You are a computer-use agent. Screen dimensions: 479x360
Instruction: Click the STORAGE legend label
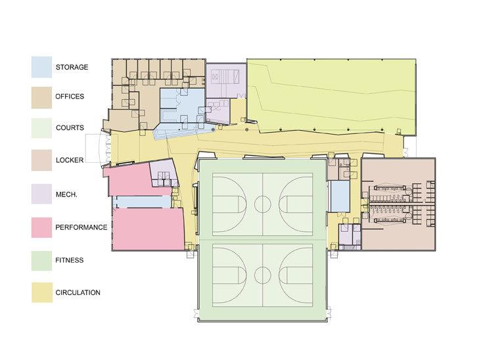coord(72,67)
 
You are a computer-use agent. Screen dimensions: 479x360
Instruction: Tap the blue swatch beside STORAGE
coord(41,67)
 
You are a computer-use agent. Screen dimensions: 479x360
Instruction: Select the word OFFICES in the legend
coord(70,97)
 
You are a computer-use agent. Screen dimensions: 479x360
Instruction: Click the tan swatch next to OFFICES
coord(41,98)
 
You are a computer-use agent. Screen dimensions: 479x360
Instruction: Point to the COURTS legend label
coord(70,127)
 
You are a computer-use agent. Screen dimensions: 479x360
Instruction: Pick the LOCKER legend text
coord(70,160)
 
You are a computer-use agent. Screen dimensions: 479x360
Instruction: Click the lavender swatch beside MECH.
coord(41,194)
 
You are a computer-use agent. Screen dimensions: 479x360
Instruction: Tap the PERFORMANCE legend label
coord(81,227)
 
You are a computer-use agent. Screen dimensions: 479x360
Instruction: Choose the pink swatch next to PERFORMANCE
coord(41,227)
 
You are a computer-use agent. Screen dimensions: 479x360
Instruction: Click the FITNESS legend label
coord(70,260)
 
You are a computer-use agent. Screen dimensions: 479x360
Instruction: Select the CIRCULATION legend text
coord(78,292)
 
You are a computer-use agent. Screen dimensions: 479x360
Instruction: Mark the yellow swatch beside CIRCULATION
coord(42,292)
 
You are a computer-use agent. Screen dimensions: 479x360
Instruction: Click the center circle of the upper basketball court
coord(263,204)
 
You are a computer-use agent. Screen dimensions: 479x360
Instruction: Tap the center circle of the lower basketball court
coord(263,275)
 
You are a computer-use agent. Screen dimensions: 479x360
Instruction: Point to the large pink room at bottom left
coord(148,229)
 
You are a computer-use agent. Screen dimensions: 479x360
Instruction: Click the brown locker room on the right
coord(398,204)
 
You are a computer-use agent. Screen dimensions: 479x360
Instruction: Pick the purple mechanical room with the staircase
coord(226,81)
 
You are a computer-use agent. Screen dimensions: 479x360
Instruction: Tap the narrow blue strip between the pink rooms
coord(143,202)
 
